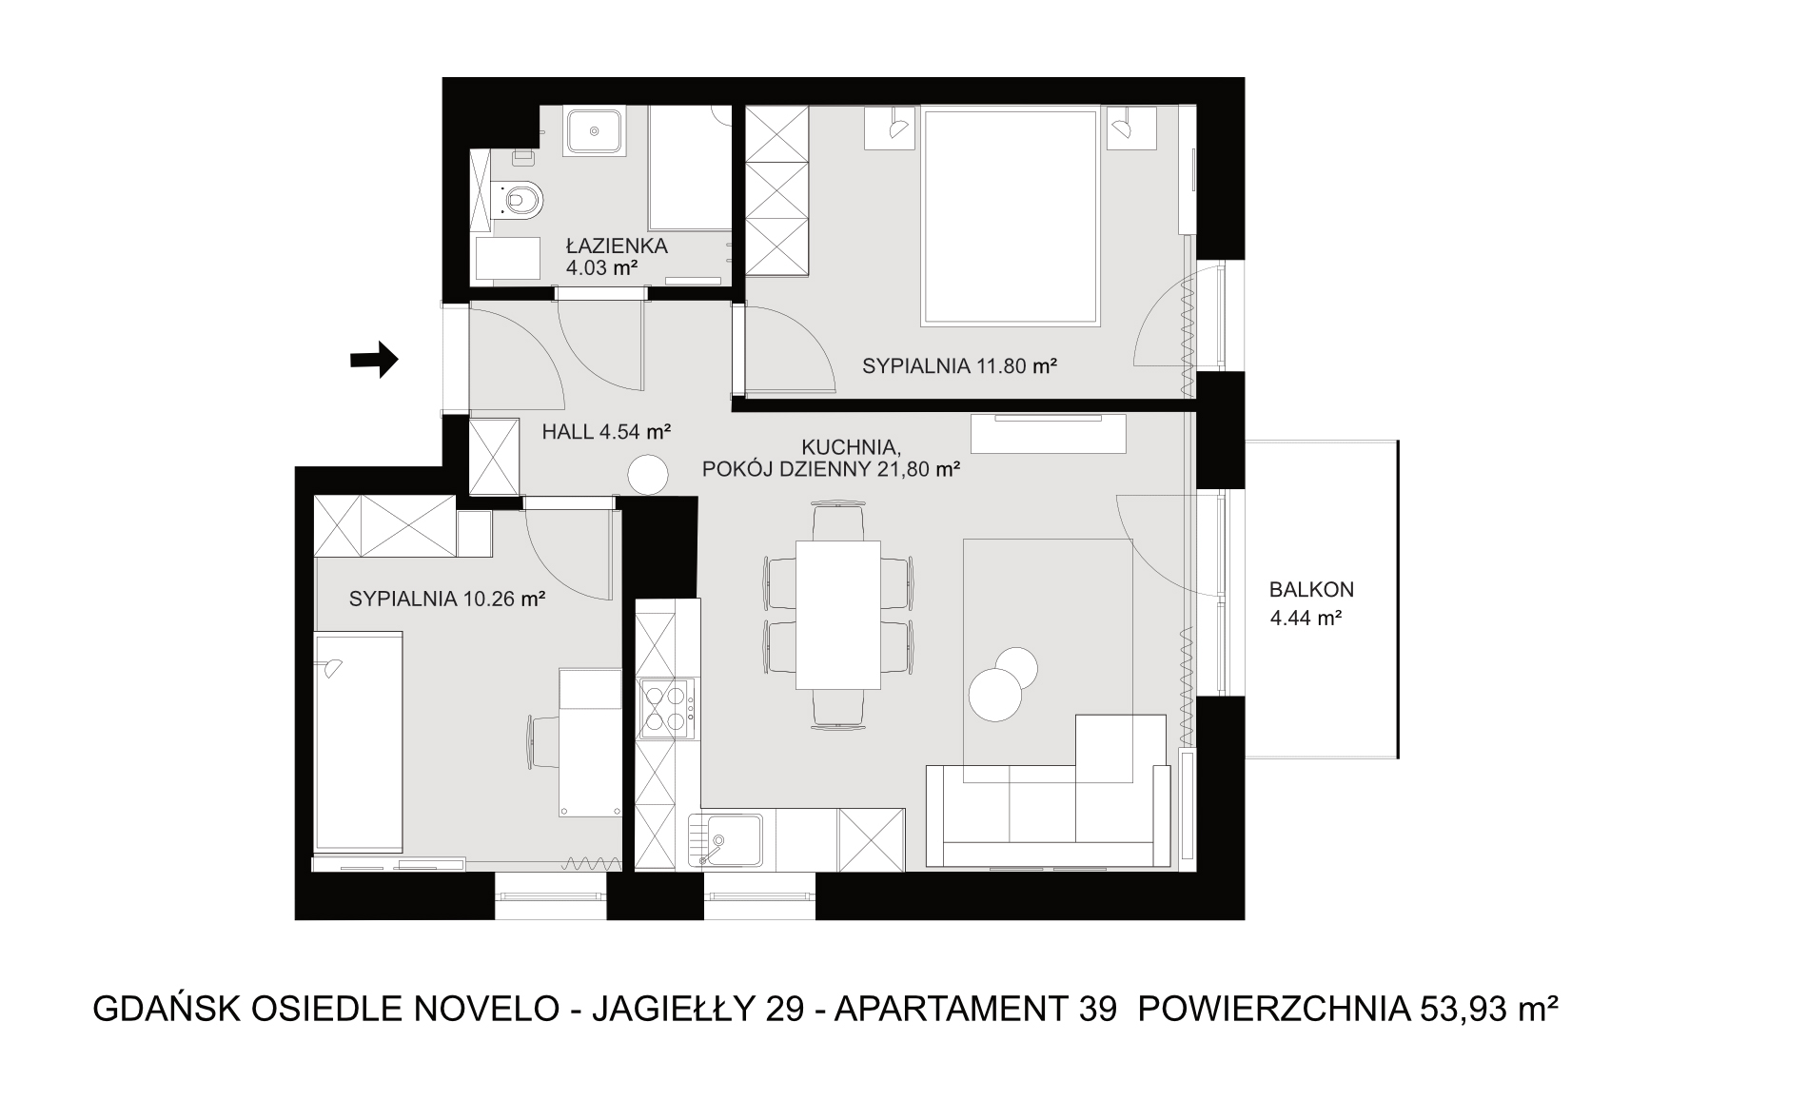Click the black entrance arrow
(x=374, y=360)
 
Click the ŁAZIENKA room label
(x=617, y=246)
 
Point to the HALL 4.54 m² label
(x=607, y=431)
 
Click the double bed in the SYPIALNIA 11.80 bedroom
(x=1010, y=216)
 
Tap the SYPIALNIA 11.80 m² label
(x=960, y=365)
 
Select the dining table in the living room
(x=838, y=614)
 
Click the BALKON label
(x=1311, y=590)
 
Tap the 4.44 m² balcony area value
(x=1306, y=619)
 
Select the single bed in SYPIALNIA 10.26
(x=358, y=740)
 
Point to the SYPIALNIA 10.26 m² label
(x=446, y=600)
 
